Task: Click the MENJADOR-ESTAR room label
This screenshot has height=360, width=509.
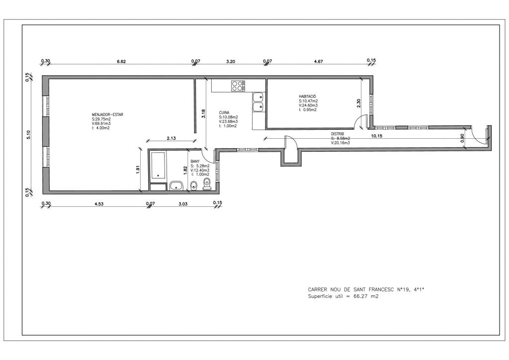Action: (107, 114)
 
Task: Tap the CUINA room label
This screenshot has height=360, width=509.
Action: (224, 113)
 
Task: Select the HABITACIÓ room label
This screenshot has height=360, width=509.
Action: (307, 96)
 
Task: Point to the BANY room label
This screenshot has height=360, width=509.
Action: (195, 161)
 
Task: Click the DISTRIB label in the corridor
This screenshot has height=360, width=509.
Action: (338, 134)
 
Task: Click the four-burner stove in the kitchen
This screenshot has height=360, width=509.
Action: (238, 86)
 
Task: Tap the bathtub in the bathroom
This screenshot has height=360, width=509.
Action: (158, 166)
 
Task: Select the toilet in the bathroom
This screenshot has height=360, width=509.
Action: (206, 184)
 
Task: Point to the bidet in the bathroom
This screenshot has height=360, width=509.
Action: (194, 185)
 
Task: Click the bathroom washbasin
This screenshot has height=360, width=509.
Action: (176, 186)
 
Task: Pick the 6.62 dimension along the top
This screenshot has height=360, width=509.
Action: (121, 61)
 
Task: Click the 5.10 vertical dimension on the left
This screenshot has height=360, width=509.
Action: (28, 135)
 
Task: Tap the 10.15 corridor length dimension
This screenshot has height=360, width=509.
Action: (376, 136)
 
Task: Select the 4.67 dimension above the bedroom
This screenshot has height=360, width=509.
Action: (319, 61)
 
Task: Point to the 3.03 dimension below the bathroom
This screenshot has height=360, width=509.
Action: (183, 204)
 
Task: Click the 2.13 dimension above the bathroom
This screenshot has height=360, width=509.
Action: (171, 138)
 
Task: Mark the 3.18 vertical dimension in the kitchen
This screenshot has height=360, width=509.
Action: (203, 113)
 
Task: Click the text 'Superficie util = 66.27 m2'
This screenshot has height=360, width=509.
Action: (343, 296)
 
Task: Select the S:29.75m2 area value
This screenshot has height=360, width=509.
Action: (101, 119)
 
